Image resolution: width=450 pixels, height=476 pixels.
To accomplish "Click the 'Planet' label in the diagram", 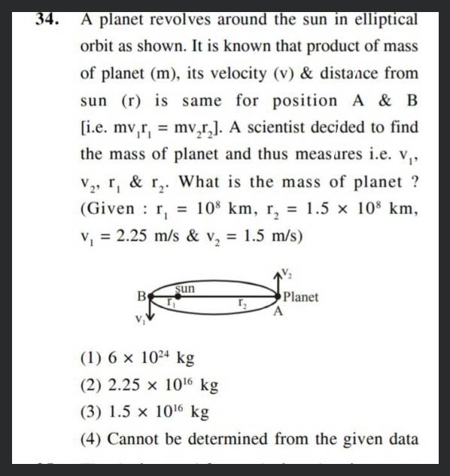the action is pos(303,297).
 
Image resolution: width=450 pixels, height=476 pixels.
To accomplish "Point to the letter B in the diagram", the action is pos(141,296).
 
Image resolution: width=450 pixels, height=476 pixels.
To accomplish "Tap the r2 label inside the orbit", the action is pos(242,303).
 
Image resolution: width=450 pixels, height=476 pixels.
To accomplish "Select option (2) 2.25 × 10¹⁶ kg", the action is pos(148,385).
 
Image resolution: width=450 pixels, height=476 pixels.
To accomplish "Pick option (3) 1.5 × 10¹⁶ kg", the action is pos(143,412).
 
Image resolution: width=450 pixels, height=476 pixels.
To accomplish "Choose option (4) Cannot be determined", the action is pos(248,438).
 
